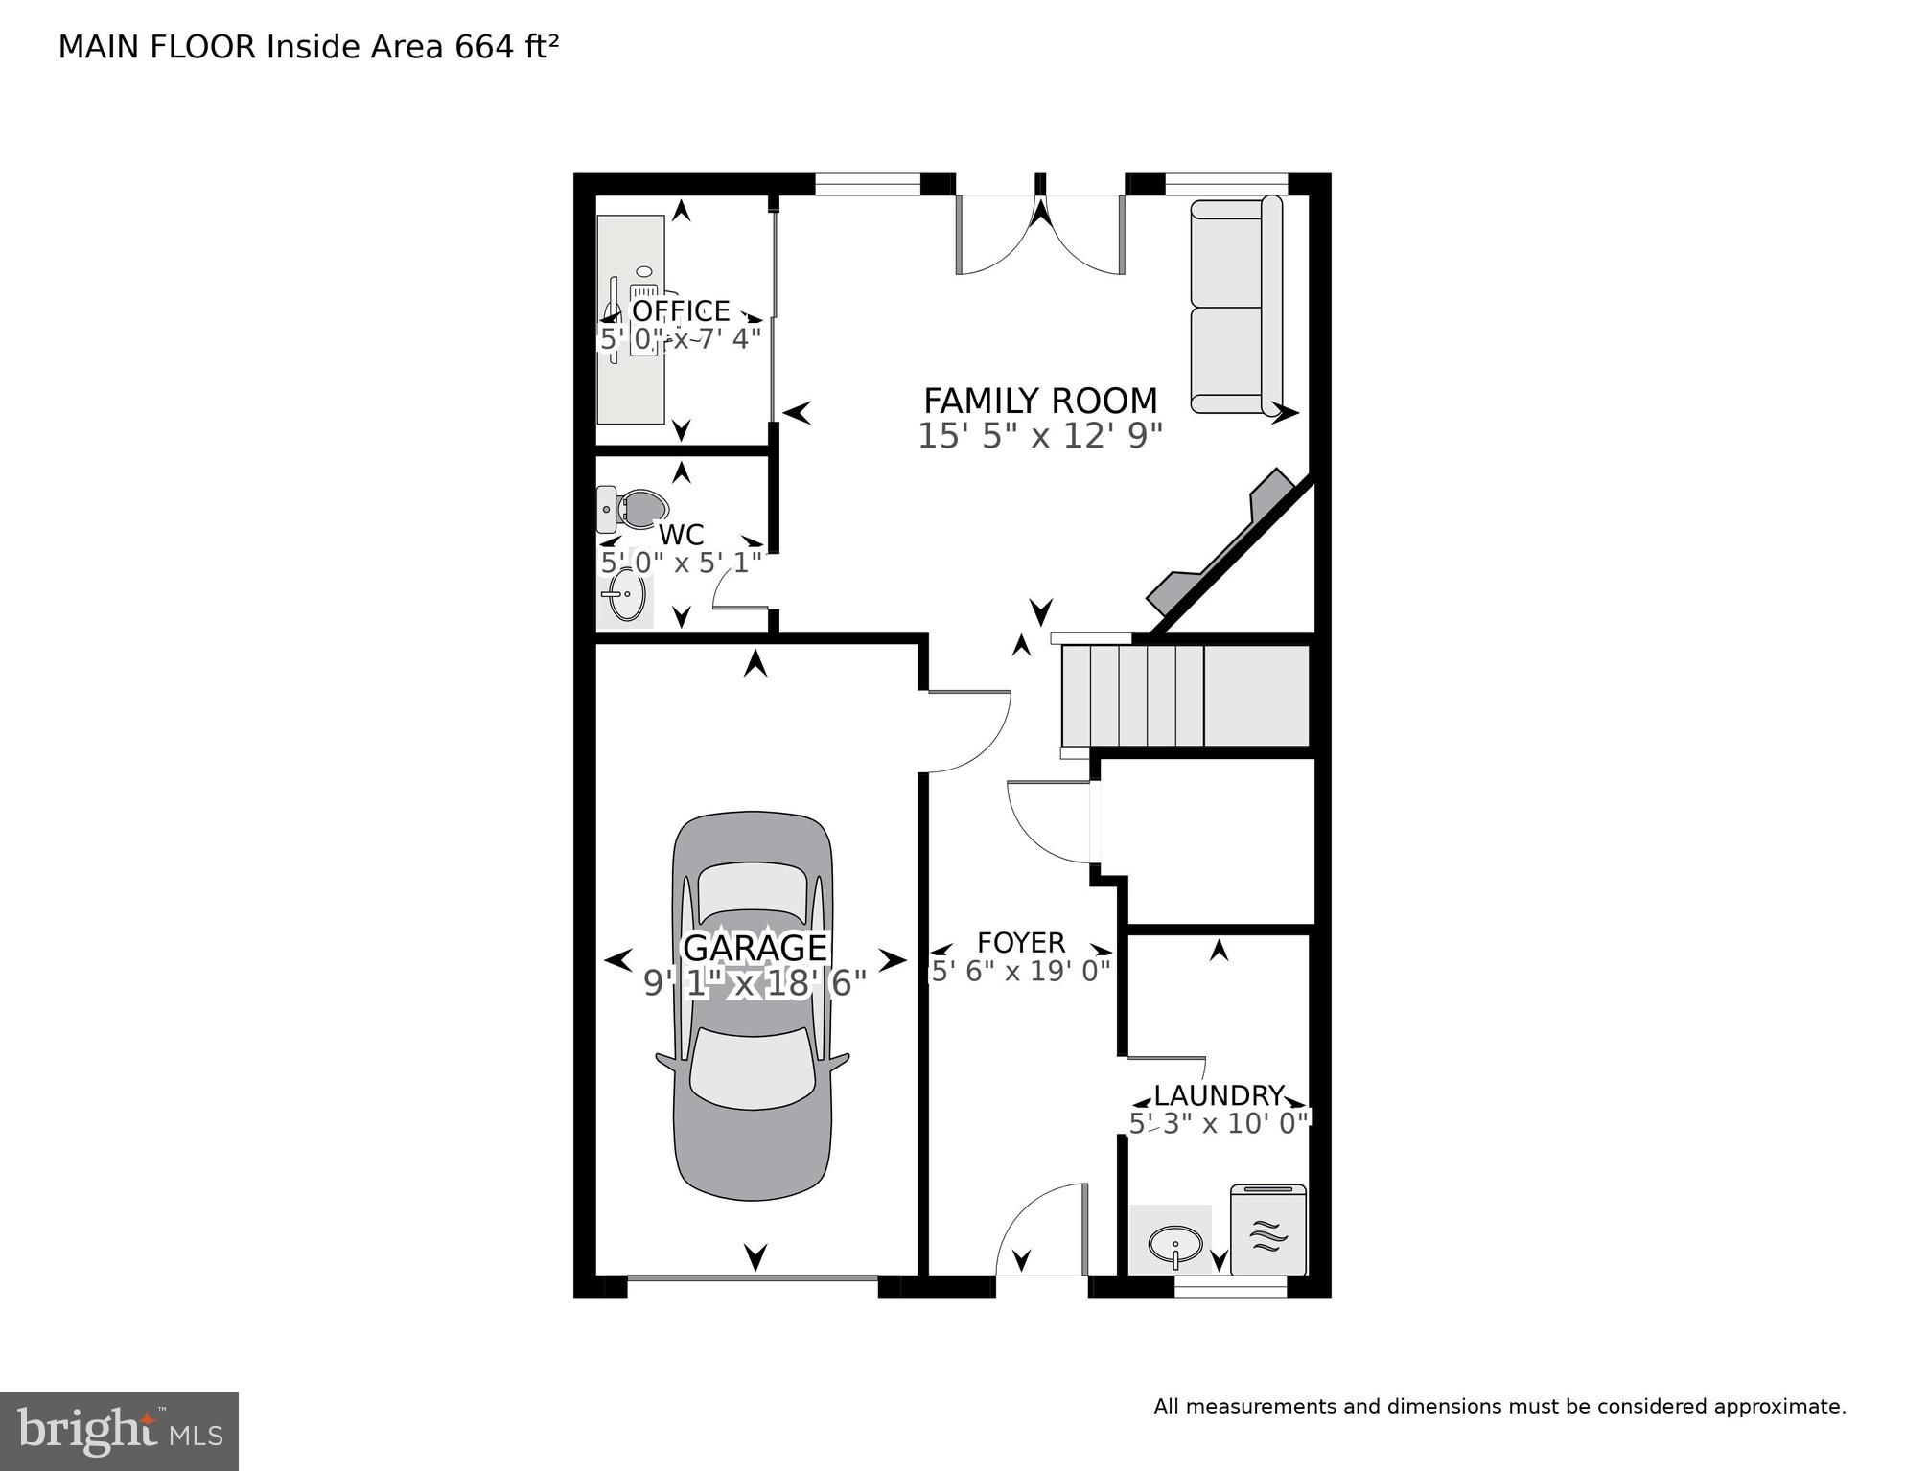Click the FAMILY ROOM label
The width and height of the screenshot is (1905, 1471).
click(1040, 401)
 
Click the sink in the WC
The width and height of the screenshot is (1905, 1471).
click(625, 596)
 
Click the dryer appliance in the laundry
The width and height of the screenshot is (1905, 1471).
click(1267, 1230)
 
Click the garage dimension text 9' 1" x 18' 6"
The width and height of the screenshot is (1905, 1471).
click(755, 983)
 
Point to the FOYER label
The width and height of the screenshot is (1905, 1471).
click(1021, 943)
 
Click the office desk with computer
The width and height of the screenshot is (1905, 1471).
click(631, 318)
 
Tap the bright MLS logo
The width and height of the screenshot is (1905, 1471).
click(119, 1431)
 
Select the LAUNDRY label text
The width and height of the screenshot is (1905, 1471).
click(1218, 1095)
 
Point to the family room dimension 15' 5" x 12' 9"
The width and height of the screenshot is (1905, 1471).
click(1040, 436)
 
